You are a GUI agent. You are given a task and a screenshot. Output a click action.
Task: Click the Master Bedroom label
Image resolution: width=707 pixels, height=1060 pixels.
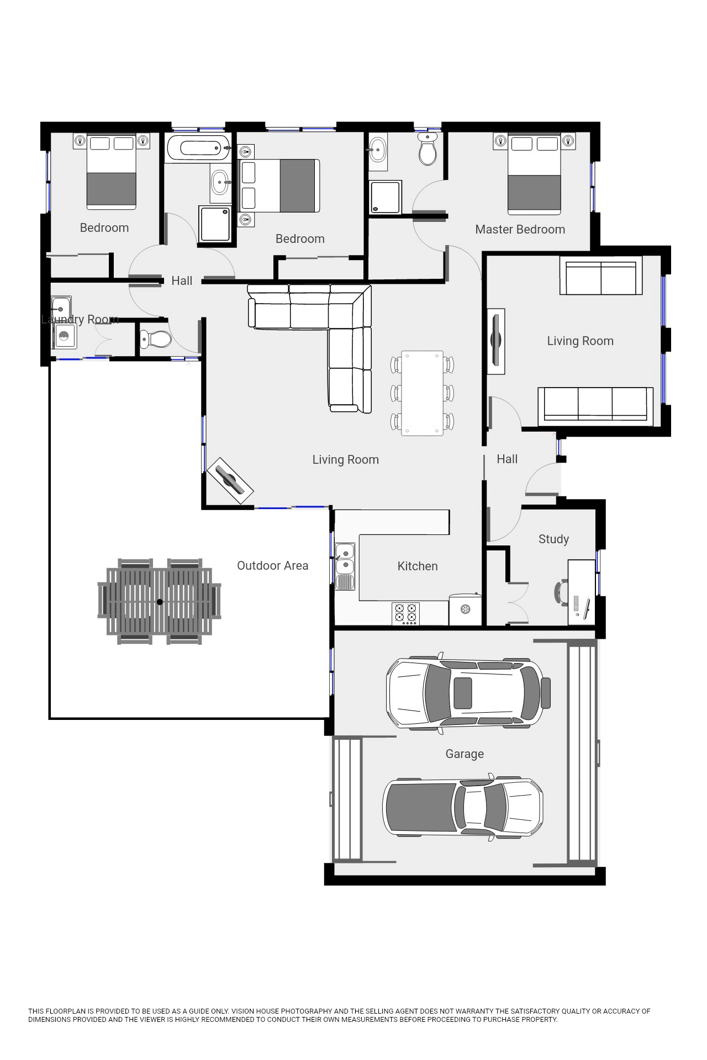(520, 229)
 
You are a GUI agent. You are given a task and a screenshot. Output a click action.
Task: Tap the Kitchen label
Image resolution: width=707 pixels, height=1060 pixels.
(418, 566)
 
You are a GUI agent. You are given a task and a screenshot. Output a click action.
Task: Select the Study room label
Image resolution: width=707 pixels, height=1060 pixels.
(553, 539)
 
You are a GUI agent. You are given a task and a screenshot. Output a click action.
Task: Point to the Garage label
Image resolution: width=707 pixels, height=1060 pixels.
(465, 754)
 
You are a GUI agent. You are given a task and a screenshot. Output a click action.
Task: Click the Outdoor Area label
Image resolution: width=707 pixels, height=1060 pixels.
(272, 565)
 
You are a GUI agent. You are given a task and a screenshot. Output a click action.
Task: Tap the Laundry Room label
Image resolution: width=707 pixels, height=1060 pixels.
(80, 320)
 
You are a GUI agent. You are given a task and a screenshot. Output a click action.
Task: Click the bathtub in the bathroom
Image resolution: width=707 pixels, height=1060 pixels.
(197, 148)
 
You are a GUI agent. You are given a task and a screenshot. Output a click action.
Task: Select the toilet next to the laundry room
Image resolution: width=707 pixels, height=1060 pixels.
(156, 338)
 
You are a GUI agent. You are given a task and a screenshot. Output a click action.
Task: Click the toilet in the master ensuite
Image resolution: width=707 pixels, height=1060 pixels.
(428, 148)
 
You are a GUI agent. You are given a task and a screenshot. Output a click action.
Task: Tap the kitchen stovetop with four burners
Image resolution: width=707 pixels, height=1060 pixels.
(405, 613)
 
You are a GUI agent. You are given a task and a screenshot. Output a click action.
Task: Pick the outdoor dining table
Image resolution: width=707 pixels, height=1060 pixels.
(160, 601)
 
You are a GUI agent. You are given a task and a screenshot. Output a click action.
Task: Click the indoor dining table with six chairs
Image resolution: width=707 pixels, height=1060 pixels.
(422, 393)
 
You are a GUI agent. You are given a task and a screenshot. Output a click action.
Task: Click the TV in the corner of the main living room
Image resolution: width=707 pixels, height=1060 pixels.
(230, 480)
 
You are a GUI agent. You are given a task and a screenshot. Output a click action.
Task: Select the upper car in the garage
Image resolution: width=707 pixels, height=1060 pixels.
(468, 693)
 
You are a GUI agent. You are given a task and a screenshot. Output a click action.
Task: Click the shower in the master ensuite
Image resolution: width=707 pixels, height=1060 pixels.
(386, 197)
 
